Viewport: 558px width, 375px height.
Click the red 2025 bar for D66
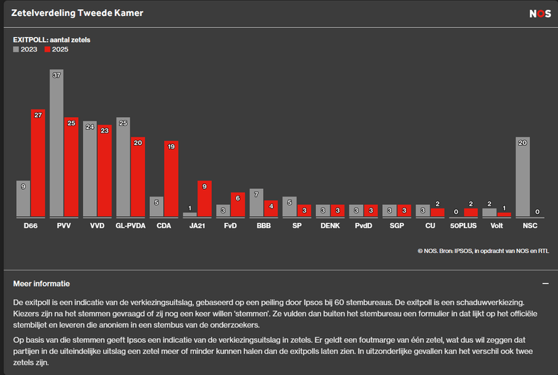click(38, 163)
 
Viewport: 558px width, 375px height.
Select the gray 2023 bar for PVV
click(57, 143)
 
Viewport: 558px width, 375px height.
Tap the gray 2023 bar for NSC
click(523, 177)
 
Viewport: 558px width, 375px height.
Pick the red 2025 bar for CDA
click(172, 179)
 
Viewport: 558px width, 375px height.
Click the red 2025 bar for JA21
click(205, 199)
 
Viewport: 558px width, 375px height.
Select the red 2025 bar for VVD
click(105, 171)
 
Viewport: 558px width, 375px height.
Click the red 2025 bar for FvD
click(239, 204)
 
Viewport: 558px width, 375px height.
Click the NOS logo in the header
click(540, 13)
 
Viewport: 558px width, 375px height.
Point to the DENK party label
click(330, 226)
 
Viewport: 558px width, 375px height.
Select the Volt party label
click(497, 226)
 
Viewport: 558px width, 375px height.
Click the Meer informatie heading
click(41, 284)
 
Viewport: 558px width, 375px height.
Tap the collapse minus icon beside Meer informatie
click(545, 284)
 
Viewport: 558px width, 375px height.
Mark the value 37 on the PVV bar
click(57, 75)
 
